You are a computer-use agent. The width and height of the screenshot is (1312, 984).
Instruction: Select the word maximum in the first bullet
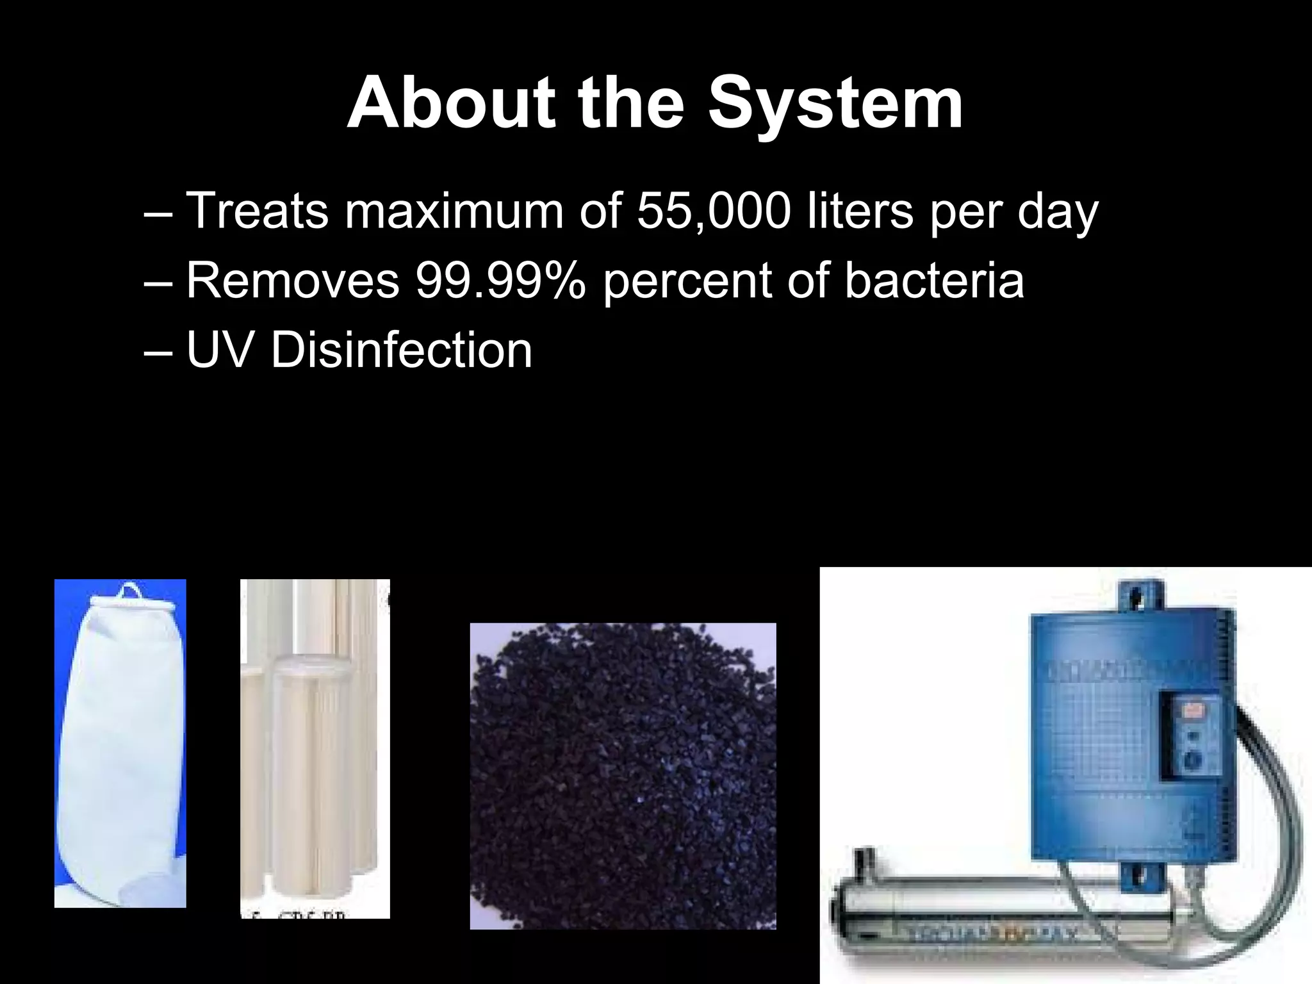(454, 211)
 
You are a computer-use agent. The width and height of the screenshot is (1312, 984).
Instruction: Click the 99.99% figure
(500, 280)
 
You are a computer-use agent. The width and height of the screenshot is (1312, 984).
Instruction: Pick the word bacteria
(935, 280)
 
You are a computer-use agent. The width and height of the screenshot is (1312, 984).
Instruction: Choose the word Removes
(292, 280)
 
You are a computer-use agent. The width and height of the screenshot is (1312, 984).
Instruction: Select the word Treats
(256, 211)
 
